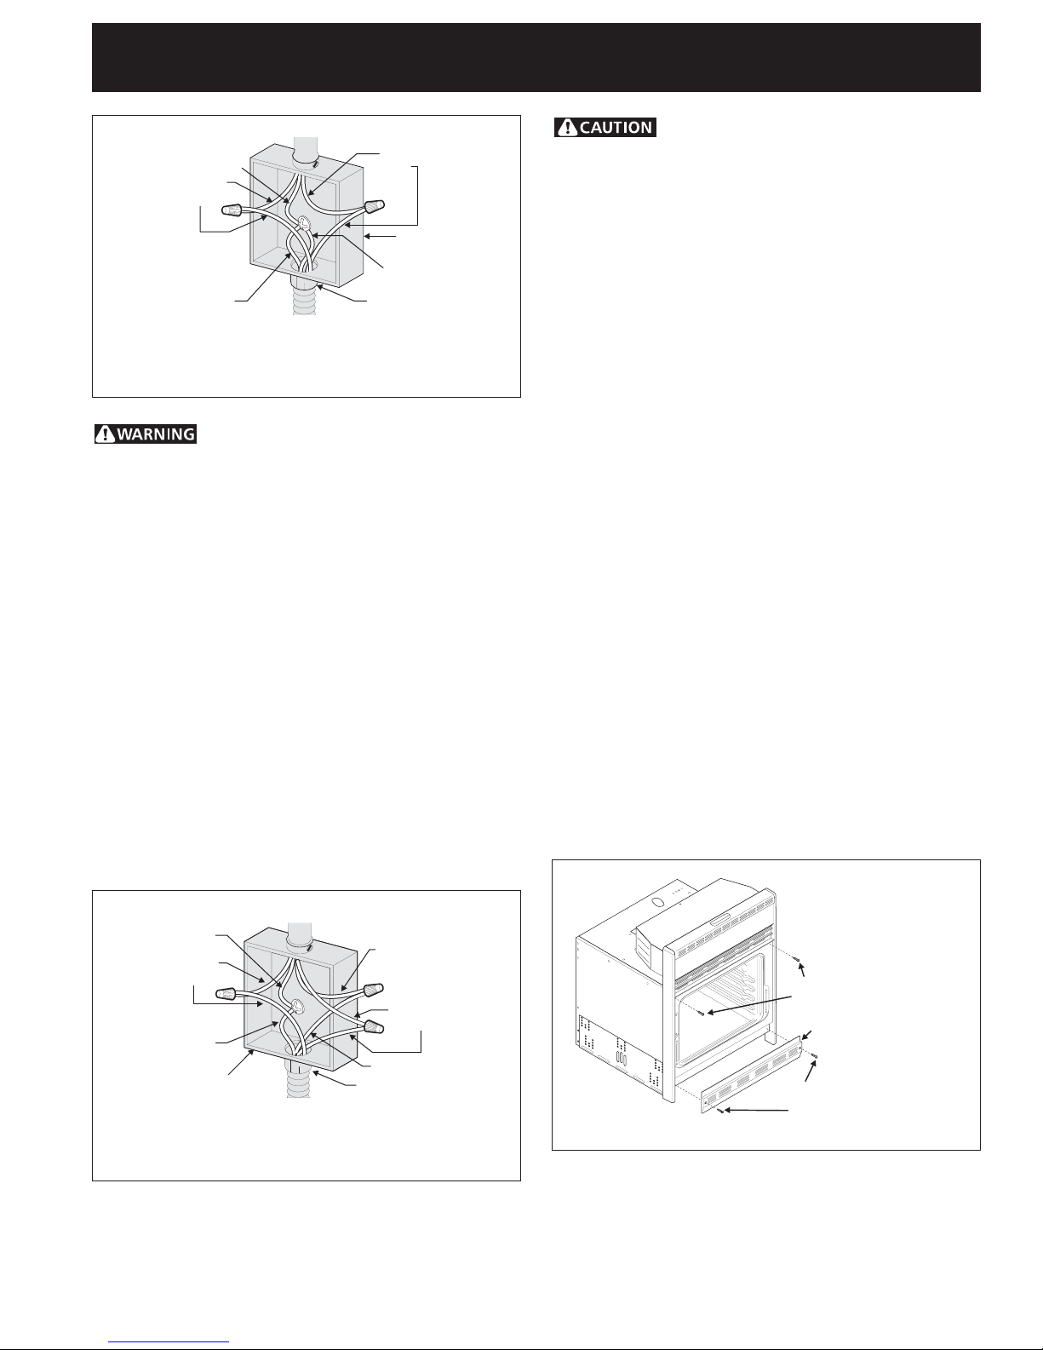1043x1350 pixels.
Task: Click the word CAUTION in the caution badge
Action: tap(616, 128)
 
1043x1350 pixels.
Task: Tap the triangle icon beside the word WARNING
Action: tap(106, 434)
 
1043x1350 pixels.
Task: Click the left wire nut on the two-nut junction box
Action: tap(232, 210)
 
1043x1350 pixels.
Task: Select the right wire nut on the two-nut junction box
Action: tap(375, 205)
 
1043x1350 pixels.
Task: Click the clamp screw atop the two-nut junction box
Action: tap(316, 164)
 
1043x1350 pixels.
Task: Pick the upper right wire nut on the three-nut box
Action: tap(374, 989)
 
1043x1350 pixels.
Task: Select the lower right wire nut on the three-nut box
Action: tap(374, 1026)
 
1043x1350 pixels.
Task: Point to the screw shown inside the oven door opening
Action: tap(702, 1013)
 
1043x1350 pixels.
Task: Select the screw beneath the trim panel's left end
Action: tap(719, 1110)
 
